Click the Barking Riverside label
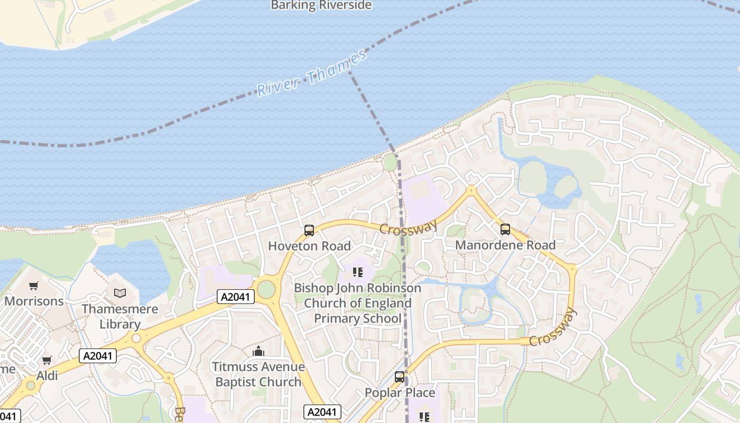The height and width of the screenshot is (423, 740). [321, 5]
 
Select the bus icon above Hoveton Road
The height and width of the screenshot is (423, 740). [309, 231]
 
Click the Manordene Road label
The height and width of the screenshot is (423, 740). [505, 245]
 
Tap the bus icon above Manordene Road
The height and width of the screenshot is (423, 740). [505, 229]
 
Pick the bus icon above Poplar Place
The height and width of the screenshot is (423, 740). [400, 377]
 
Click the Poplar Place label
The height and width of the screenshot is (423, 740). [400, 393]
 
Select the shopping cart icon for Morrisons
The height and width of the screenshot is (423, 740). [34, 286]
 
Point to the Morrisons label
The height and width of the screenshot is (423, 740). [34, 301]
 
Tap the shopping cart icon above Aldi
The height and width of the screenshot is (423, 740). [47, 361]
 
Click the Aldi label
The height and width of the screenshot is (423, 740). [47, 376]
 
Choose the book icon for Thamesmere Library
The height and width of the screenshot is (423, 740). [120, 293]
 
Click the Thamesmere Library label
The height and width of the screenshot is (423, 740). [120, 316]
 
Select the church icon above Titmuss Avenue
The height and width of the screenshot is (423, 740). [258, 351]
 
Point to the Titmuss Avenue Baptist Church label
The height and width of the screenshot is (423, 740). [258, 374]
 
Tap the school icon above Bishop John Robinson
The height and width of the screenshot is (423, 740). [358, 272]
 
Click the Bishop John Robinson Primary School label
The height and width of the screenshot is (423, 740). [358, 303]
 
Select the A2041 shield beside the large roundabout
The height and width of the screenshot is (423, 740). [236, 297]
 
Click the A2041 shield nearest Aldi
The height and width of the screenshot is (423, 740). [98, 355]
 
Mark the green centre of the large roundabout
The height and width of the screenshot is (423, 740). [266, 289]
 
